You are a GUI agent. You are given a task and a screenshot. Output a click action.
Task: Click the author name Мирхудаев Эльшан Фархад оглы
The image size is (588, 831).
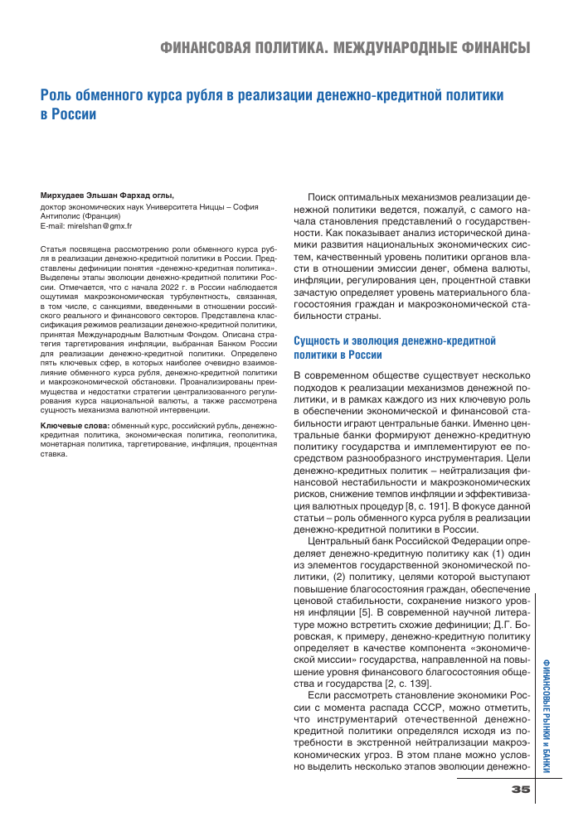click(x=104, y=195)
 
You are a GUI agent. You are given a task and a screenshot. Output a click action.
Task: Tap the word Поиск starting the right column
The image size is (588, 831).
click(x=327, y=199)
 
